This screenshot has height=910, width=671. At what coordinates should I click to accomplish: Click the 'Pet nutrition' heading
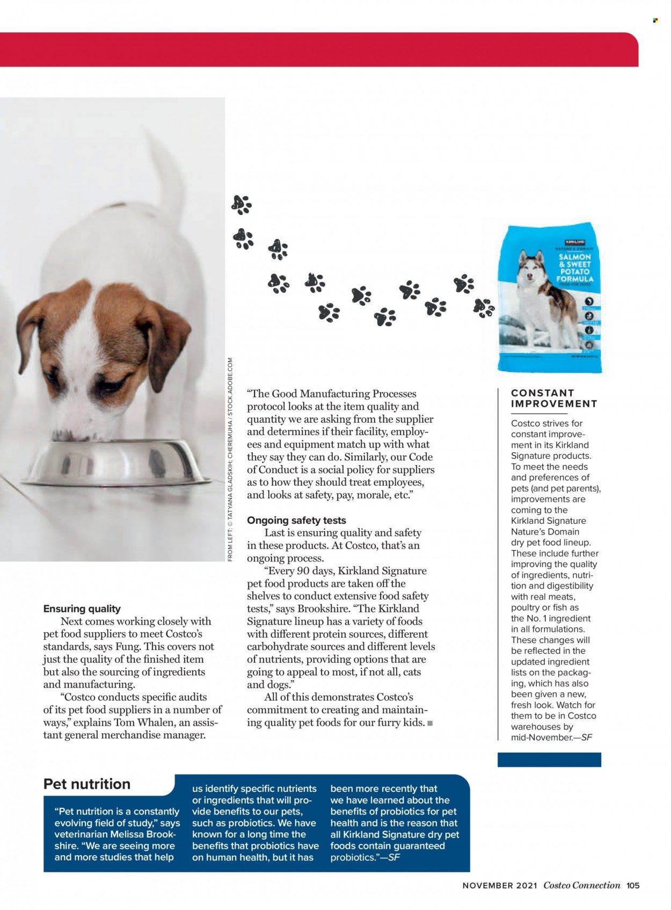tap(87, 784)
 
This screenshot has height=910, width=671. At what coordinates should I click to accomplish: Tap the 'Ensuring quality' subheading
tap(82, 609)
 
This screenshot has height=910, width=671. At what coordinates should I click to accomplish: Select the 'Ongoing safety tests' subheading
tap(296, 520)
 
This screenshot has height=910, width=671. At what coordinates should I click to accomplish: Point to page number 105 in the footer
tap(633, 885)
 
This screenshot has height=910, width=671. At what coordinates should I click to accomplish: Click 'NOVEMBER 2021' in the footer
tap(499, 886)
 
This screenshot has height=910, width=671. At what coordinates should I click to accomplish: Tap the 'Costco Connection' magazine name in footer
tap(581, 885)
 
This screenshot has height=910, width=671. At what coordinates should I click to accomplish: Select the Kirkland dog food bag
tap(550, 298)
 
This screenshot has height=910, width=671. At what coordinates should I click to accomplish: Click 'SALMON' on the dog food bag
tap(574, 257)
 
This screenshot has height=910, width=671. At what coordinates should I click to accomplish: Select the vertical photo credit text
tap(230, 459)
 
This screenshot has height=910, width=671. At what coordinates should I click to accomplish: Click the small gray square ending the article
tap(429, 723)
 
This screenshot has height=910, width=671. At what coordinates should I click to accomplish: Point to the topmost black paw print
tap(241, 205)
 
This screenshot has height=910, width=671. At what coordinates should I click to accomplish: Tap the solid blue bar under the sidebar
tap(549, 759)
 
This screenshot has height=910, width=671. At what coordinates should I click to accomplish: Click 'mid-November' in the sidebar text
tap(542, 737)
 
